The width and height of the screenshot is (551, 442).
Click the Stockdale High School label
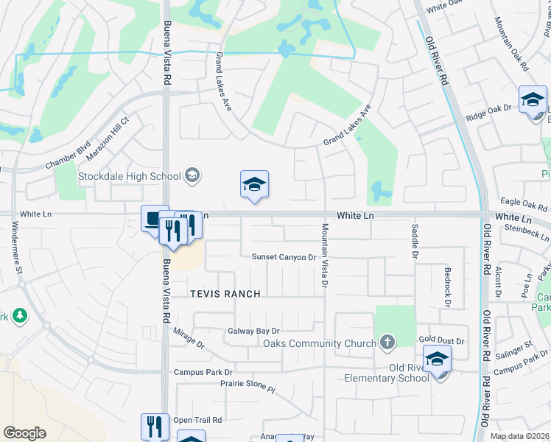pos(130,176)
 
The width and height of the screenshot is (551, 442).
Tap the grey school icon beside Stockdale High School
pos(192,175)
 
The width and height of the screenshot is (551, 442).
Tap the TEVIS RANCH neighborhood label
pos(225,294)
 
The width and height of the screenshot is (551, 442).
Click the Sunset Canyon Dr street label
pos(284,257)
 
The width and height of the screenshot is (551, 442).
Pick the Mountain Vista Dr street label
pos(325,255)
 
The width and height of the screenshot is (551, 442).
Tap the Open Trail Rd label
pos(197,420)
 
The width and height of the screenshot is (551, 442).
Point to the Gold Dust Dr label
pos(441,341)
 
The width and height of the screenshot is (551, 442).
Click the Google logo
pos(24,433)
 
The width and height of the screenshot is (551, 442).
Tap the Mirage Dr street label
pos(189,338)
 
